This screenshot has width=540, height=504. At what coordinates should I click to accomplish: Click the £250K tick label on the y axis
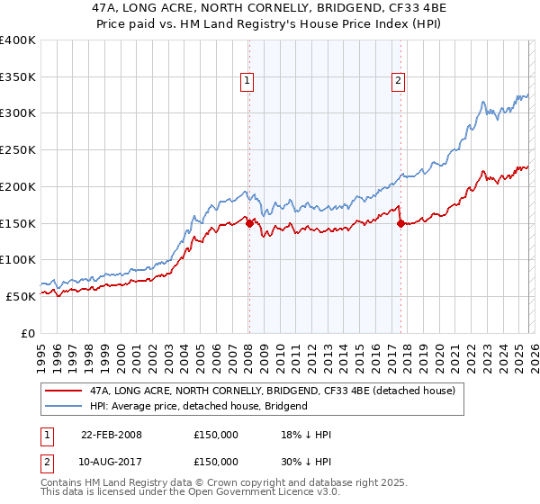point(18,149)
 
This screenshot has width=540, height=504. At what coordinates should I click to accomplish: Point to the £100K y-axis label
point(18,259)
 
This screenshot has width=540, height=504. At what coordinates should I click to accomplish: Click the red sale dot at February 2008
point(249,223)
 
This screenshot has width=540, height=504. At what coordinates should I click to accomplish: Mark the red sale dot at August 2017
point(400,223)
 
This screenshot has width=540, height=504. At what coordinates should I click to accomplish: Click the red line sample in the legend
point(63,391)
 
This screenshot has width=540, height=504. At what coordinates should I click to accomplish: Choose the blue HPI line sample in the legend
point(63,406)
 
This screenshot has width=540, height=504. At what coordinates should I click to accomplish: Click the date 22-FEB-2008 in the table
point(112,435)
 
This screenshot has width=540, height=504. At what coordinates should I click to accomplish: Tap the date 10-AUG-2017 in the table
point(112,461)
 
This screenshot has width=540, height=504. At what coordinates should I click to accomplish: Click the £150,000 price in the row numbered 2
point(216,461)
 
